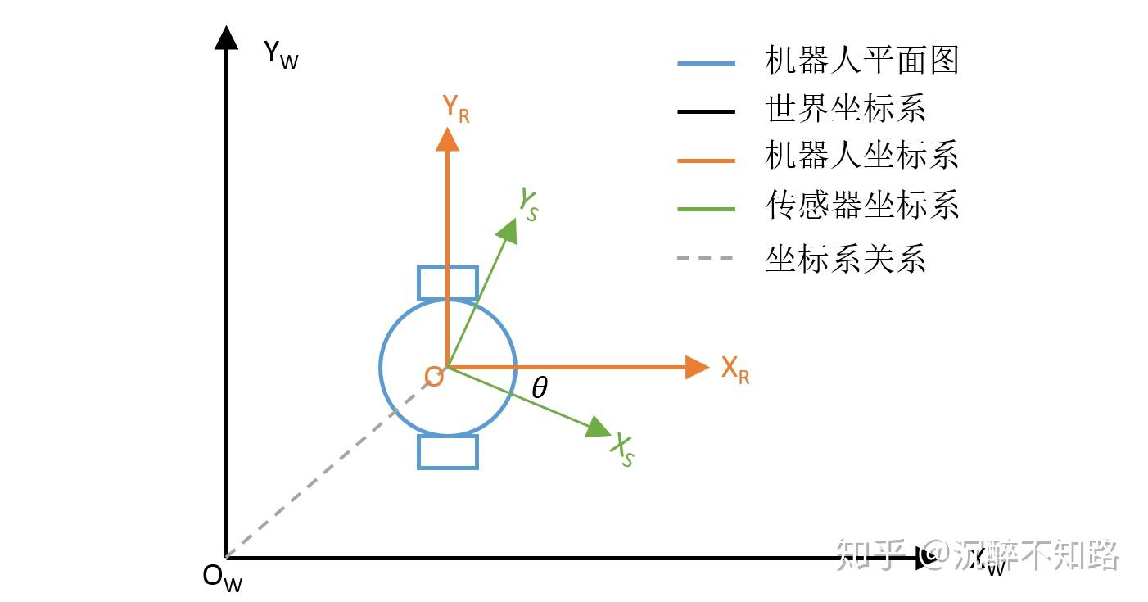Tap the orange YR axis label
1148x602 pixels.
[455, 108]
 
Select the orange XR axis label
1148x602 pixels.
[734, 369]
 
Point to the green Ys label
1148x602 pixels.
[529, 204]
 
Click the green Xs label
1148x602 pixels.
[623, 450]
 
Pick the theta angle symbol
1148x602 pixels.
[539, 388]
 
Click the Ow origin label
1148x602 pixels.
[222, 577]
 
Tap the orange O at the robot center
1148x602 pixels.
[433, 377]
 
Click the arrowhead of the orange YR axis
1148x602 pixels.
[447, 139]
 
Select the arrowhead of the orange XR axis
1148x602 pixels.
[697, 367]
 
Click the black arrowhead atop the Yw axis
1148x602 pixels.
[226, 38]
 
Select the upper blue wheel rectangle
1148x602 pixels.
[447, 283]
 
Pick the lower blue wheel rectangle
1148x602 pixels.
[447, 451]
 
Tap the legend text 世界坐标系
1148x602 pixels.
[845, 109]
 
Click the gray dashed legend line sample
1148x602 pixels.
[707, 259]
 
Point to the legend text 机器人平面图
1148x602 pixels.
[861, 61]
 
